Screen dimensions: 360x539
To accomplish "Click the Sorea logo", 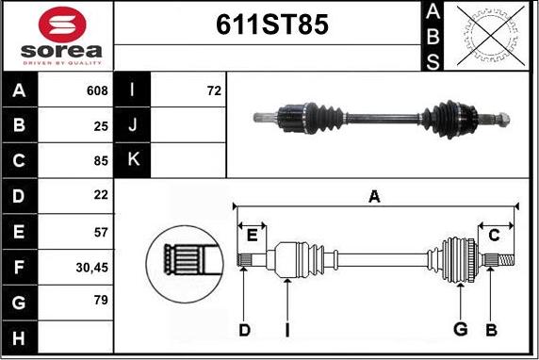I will (x=57, y=36).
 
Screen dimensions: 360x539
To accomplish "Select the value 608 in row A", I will (x=95, y=91).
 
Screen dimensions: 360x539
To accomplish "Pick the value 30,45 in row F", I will (x=91, y=268).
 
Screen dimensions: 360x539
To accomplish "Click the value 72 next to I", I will (x=213, y=91).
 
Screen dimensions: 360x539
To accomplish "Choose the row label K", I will (x=133, y=160).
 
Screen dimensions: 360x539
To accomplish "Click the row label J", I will (x=133, y=125).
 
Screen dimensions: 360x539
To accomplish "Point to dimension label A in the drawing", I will (x=374, y=196).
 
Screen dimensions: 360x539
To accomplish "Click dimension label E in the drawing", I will (x=252, y=235).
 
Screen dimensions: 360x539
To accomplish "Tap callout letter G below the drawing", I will (x=461, y=329).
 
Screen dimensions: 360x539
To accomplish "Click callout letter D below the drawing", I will (x=244, y=329).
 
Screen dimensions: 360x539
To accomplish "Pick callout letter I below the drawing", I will (x=286, y=329).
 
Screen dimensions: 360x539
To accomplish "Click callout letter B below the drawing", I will (x=490, y=329).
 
